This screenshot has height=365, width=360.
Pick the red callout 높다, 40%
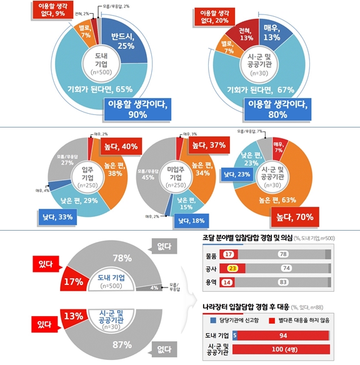pos(120,147)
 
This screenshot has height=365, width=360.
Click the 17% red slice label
pos(73,281)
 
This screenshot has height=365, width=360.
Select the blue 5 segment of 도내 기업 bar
pos(234,335)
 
